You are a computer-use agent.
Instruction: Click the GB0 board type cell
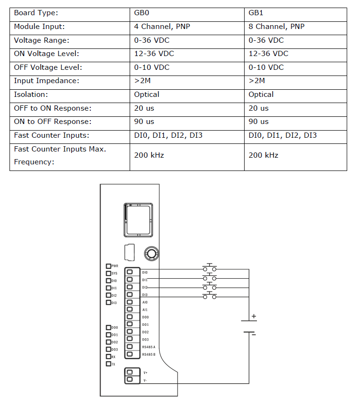pyautogui.click(x=142, y=13)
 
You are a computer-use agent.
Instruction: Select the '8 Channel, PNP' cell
pyautogui.click(x=276, y=27)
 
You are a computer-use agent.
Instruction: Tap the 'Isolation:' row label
pyautogui.click(x=31, y=95)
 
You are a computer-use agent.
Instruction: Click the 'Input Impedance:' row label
pyautogui.click(x=47, y=81)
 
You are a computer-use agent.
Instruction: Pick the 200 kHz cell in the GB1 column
pyautogui.click(x=263, y=155)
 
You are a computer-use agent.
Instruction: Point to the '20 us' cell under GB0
pyautogui.click(x=144, y=108)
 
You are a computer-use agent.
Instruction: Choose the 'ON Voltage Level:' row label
pyautogui.click(x=47, y=54)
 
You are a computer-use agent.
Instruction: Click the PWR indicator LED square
pyautogui.click(x=108, y=266)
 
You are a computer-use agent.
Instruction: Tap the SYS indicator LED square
pyautogui.click(x=108, y=274)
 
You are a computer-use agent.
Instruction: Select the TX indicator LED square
pyautogui.click(x=108, y=364)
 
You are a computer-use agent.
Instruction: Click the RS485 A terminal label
pyautogui.click(x=149, y=347)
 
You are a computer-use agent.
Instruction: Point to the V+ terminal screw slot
pyautogui.click(x=130, y=372)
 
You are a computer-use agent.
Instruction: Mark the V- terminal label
pyautogui.click(x=145, y=380)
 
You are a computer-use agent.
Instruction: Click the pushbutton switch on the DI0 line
pyautogui.click(x=209, y=267)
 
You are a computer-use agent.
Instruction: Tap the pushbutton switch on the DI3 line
pyautogui.click(x=209, y=295)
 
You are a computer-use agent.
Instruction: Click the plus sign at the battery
pyautogui.click(x=254, y=316)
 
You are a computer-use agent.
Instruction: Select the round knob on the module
pyautogui.click(x=152, y=254)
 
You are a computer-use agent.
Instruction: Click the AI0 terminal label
pyautogui.click(x=145, y=303)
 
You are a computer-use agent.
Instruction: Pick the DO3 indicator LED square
pyautogui.click(x=108, y=349)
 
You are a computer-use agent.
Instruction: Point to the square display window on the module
pyautogui.click(x=138, y=220)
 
